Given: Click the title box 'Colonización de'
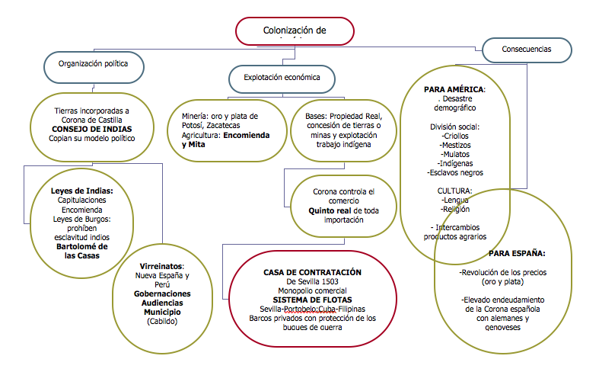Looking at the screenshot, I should [295, 31].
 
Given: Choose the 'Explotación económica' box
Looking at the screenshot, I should [282, 77].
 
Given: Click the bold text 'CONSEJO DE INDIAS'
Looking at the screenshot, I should [86, 129].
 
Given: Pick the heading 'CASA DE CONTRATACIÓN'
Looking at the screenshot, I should [312, 272].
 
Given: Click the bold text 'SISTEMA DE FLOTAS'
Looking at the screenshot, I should [312, 300].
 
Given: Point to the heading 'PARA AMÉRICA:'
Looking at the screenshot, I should [454, 89].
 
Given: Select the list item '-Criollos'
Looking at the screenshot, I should [455, 135].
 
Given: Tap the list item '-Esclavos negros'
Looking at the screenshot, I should [455, 172].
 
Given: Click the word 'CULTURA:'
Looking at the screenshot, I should [455, 191].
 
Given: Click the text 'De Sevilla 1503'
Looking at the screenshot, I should [311, 281].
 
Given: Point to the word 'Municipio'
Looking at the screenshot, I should [162, 312].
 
